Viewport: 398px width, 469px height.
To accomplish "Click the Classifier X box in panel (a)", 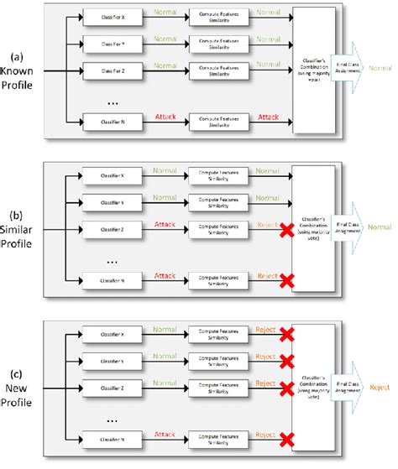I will [x=104, y=17].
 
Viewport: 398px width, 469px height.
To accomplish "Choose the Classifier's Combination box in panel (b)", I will [x=312, y=223].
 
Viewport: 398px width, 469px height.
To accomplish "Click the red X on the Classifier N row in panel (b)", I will [x=287, y=279].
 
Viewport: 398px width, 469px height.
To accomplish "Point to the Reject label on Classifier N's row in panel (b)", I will [x=266, y=275].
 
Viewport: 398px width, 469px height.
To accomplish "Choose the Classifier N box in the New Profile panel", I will [x=104, y=439].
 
